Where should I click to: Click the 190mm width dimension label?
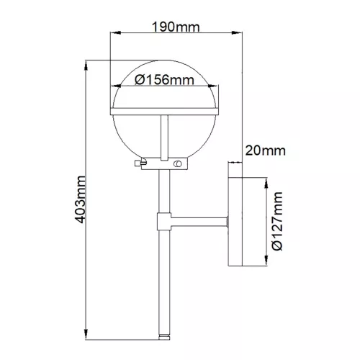[176, 27]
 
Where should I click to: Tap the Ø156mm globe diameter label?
[164, 80]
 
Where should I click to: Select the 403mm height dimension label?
[80, 199]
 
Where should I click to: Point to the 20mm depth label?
[266, 150]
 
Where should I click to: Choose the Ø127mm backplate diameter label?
[278, 221]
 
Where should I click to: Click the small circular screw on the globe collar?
[178, 163]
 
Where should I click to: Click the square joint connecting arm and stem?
[164, 221]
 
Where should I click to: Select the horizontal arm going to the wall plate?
[199, 222]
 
